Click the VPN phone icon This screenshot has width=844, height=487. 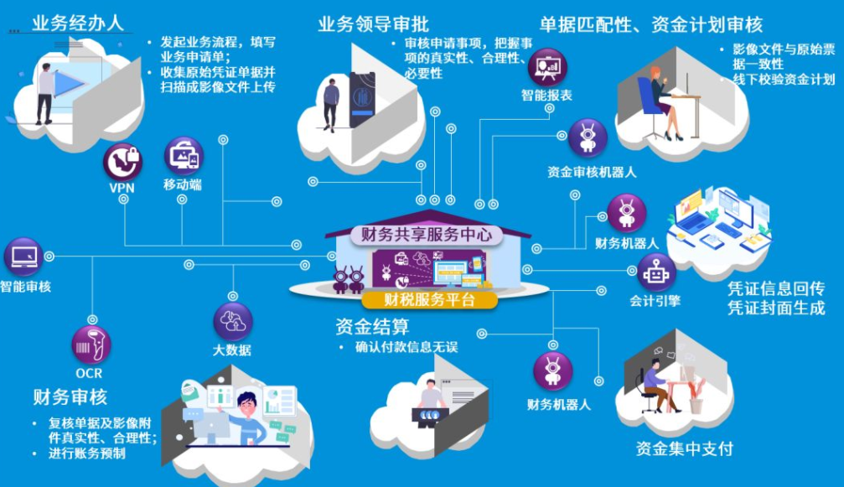tap(122, 161)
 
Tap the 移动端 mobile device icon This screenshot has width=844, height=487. tap(184, 156)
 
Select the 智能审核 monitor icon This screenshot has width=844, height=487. tap(23, 256)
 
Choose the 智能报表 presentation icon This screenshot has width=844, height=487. tap(546, 66)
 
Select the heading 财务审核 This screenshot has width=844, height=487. tap(70, 396)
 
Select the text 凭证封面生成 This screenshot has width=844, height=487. tap(775, 308)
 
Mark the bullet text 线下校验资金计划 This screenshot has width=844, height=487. tap(783, 80)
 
